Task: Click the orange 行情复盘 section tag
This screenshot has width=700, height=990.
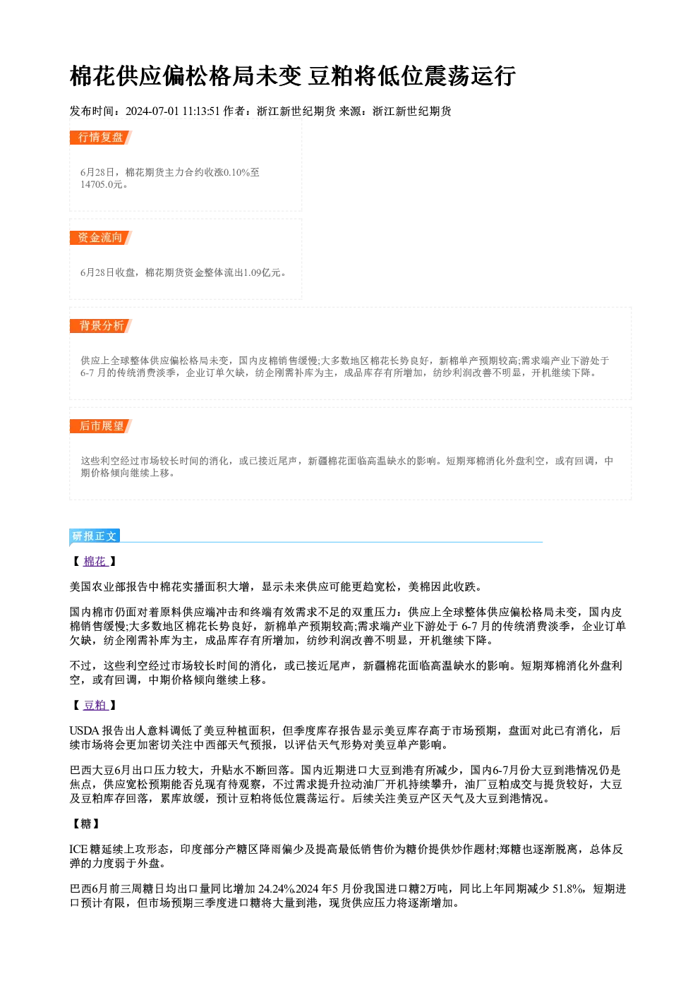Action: [100, 138]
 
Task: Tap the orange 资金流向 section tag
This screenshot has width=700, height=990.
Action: [100, 238]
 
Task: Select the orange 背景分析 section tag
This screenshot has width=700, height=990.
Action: [100, 326]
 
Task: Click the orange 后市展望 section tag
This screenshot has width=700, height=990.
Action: [100, 426]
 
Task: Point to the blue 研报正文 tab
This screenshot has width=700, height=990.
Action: [95, 536]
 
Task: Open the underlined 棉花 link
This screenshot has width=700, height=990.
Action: [95, 561]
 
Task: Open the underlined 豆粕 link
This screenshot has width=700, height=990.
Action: [95, 705]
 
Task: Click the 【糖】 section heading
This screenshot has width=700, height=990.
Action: [85, 823]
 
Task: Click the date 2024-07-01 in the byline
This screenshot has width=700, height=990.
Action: [152, 111]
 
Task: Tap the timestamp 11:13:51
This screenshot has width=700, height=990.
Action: [201, 111]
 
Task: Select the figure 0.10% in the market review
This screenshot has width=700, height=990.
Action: [236, 172]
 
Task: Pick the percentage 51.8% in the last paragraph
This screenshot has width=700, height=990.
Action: [569, 889]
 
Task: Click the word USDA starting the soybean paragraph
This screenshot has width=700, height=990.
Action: [85, 730]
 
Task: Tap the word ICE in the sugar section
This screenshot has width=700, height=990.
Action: [78, 849]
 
